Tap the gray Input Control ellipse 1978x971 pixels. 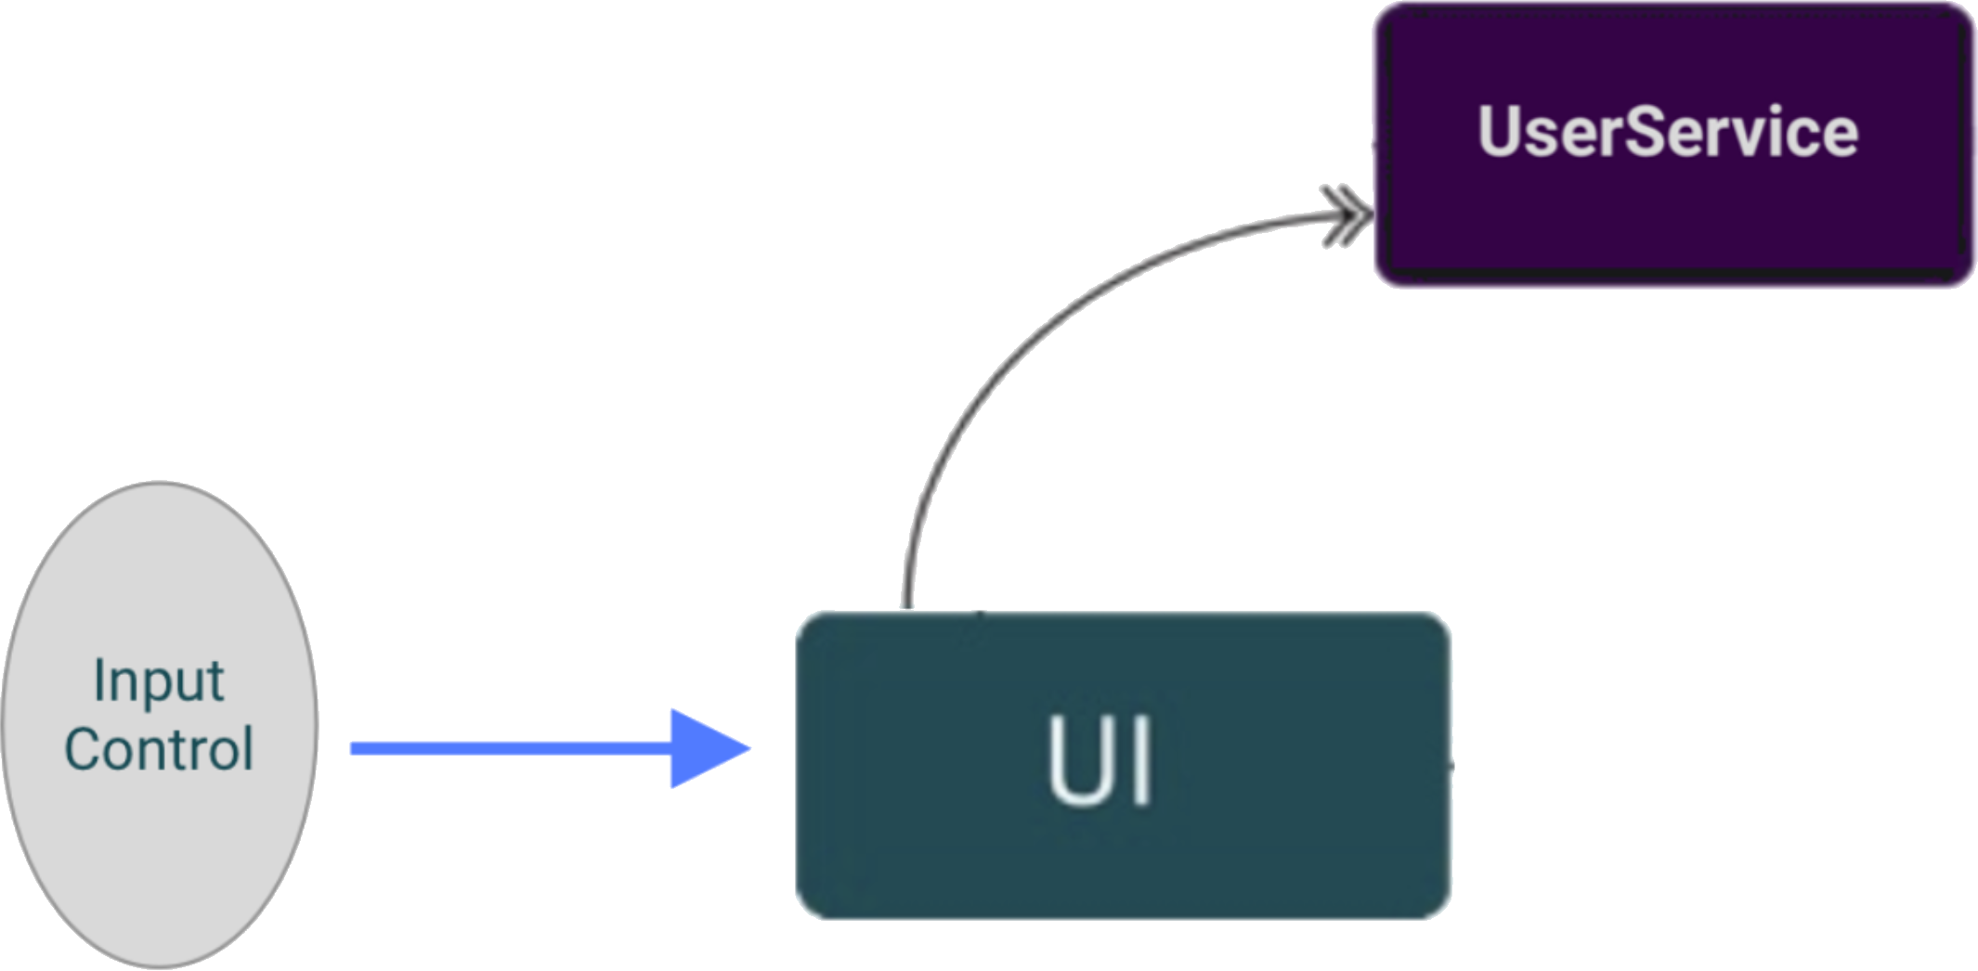pos(158,854)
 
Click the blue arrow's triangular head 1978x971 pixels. pos(706,748)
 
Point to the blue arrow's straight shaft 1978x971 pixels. pos(511,748)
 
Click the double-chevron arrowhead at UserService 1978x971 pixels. pos(1347,215)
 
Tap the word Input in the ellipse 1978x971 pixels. pos(158,682)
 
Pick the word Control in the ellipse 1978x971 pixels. pos(159,750)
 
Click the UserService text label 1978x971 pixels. pos(1668,133)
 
